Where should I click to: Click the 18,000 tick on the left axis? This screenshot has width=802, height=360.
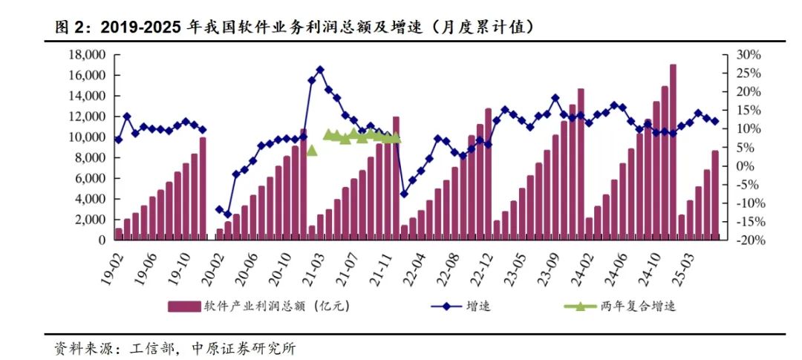tap(87, 55)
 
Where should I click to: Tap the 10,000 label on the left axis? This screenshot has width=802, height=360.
tap(87, 137)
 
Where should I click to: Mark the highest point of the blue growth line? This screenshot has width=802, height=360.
tap(320, 70)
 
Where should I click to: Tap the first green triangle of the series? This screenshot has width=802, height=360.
tap(312, 150)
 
